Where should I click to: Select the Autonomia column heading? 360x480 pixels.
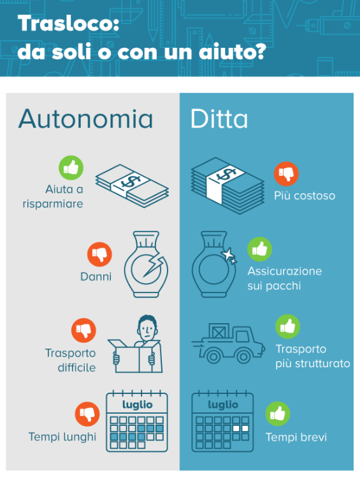pos(86,119)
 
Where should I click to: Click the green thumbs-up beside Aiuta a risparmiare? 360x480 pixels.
pos(71,168)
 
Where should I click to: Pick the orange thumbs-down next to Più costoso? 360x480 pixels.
pos(287,173)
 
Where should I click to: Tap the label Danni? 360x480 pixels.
pos(96,277)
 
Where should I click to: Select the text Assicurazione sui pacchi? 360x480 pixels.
pos(284,279)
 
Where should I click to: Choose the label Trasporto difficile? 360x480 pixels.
pos(70,360)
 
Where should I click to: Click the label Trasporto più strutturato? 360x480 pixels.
pos(312,356)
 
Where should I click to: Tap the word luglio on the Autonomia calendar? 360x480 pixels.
pos(137,404)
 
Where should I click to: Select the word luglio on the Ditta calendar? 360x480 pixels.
pos(223,404)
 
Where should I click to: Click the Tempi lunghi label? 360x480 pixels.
pos(62,437)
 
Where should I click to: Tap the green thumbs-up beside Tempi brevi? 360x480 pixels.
pos(278,414)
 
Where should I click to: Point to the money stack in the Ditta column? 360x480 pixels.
pos(227,185)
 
